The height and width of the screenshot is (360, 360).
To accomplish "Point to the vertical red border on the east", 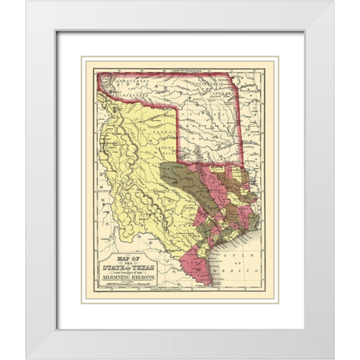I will [x=242, y=120].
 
